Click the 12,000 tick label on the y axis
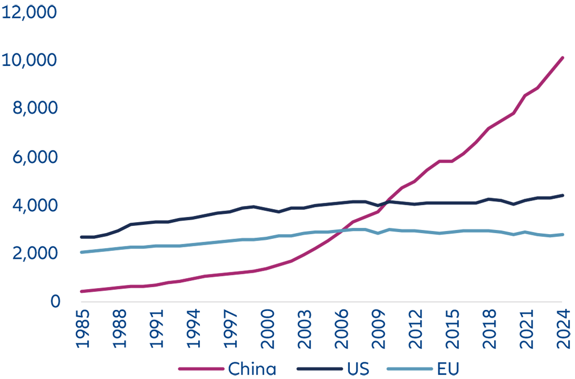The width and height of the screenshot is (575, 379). (x=29, y=12)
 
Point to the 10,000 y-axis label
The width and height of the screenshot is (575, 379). (x=29, y=60)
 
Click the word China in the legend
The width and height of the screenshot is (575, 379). (x=252, y=369)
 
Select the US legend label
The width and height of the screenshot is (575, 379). (x=358, y=369)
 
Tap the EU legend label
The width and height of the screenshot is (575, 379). (x=448, y=369)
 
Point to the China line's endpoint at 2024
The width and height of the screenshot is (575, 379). (x=562, y=58)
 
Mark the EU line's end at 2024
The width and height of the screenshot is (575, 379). (x=562, y=234)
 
